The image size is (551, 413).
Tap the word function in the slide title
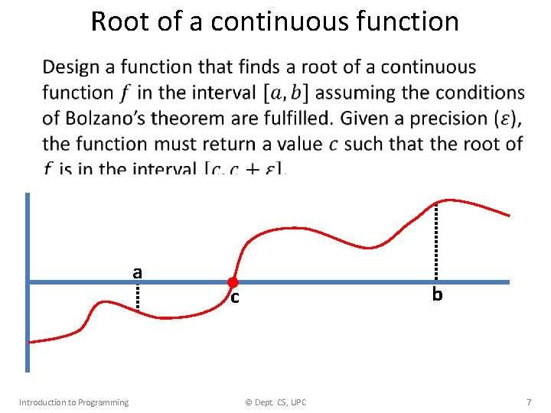click(x=413, y=21)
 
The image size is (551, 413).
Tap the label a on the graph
click(x=137, y=272)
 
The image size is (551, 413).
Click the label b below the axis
click(x=437, y=294)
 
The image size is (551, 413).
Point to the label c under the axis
click(x=235, y=297)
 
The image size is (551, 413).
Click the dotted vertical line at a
click(x=138, y=295)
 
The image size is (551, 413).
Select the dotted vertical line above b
click(x=436, y=241)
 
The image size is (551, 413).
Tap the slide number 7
click(x=528, y=402)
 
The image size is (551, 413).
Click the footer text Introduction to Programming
click(x=73, y=402)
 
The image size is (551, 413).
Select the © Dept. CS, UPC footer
click(x=275, y=402)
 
